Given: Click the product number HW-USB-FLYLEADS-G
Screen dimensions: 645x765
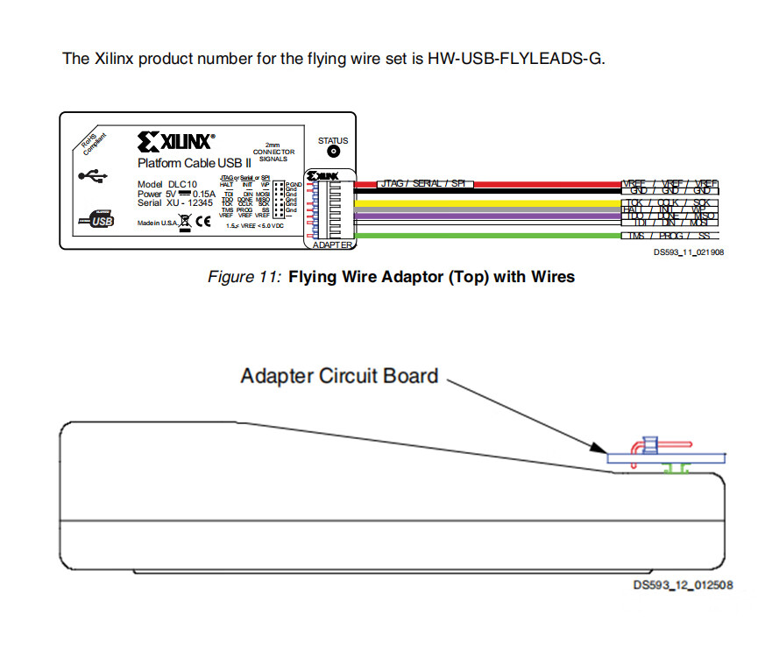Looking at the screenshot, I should coord(515,60).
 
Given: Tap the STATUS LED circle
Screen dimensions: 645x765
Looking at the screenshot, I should coord(333,152).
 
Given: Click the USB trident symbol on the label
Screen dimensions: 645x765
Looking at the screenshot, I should coord(93,175).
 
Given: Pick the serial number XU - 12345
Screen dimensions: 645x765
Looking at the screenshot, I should coord(188,202).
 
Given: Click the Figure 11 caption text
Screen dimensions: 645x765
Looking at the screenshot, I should coord(391,277).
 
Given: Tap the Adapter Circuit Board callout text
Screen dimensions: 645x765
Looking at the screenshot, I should coord(339,376).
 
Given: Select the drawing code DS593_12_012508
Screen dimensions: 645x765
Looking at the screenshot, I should coord(684,585).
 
